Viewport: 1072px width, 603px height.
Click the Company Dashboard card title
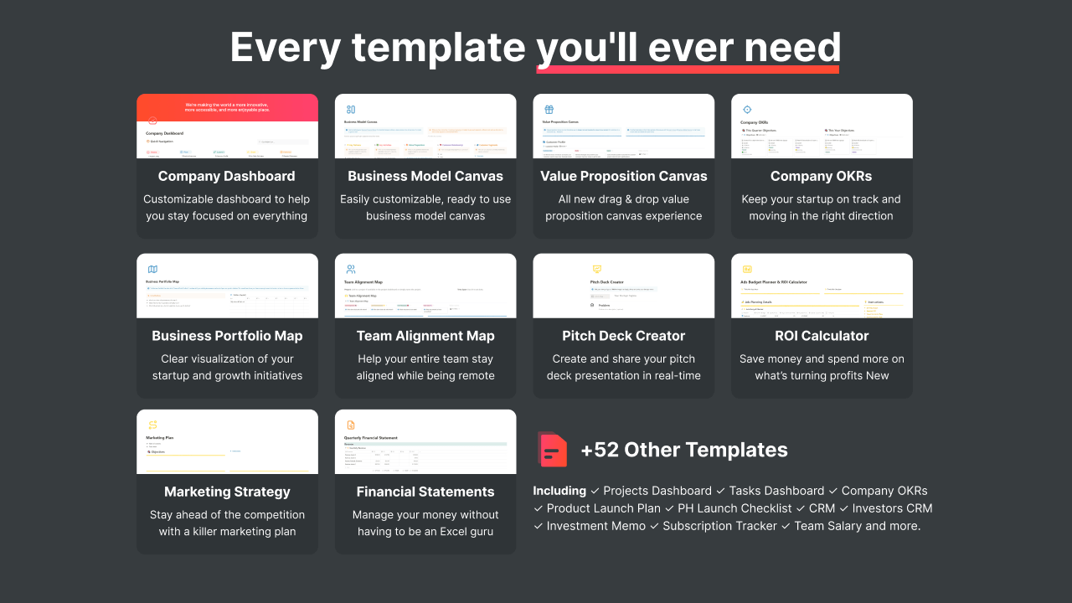pyautogui.click(x=227, y=176)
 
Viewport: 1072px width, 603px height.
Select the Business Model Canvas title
pyautogui.click(x=425, y=176)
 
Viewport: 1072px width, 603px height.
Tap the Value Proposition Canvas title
pyautogui.click(x=624, y=176)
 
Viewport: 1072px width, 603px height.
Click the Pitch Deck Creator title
pyautogui.click(x=624, y=336)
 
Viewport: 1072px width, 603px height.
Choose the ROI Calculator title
pyautogui.click(x=822, y=336)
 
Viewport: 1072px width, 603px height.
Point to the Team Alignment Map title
pyautogui.click(x=425, y=336)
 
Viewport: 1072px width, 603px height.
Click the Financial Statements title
pyautogui.click(x=425, y=492)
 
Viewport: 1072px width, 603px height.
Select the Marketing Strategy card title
pyautogui.click(x=227, y=492)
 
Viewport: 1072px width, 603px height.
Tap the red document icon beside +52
pyautogui.click(x=553, y=450)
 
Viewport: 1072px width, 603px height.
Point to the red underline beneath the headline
pyautogui.click(x=688, y=70)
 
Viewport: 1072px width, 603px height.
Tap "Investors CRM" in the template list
pyautogui.click(x=892, y=508)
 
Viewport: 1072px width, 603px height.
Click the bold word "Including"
pyautogui.click(x=559, y=491)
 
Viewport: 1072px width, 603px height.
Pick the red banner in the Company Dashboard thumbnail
pyautogui.click(x=227, y=107)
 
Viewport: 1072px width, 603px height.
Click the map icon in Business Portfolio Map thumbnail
pyautogui.click(x=152, y=270)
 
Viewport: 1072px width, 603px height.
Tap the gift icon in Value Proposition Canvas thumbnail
pyautogui.click(x=549, y=110)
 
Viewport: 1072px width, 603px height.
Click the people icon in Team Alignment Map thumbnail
pyautogui.click(x=351, y=270)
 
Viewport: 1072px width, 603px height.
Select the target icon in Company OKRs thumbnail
pyautogui.click(x=747, y=110)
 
